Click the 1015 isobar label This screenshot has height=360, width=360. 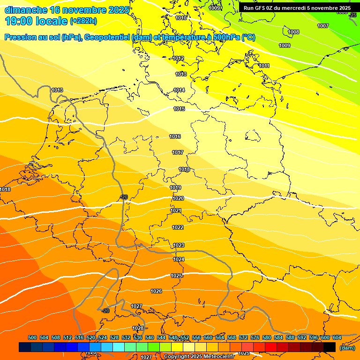(x=179, y=109)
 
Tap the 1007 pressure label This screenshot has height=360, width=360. (x=323, y=26)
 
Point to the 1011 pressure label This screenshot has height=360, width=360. (x=264, y=66)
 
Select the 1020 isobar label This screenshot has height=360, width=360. (x=178, y=198)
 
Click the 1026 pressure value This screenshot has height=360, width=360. (x=156, y=291)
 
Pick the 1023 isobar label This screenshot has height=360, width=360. (x=179, y=245)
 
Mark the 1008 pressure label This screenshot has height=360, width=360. (x=293, y=32)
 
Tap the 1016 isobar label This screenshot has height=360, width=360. (x=175, y=136)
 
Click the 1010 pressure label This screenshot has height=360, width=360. (x=181, y=18)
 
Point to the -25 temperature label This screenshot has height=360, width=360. (x=353, y=15)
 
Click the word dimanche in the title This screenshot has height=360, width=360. (x=26, y=10)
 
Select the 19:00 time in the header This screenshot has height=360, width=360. (x=18, y=21)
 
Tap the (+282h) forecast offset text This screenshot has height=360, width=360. (x=83, y=21)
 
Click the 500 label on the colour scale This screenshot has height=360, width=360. (x=32, y=337)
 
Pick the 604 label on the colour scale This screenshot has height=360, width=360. (x=337, y=337)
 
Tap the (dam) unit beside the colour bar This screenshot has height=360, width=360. (x=347, y=348)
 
